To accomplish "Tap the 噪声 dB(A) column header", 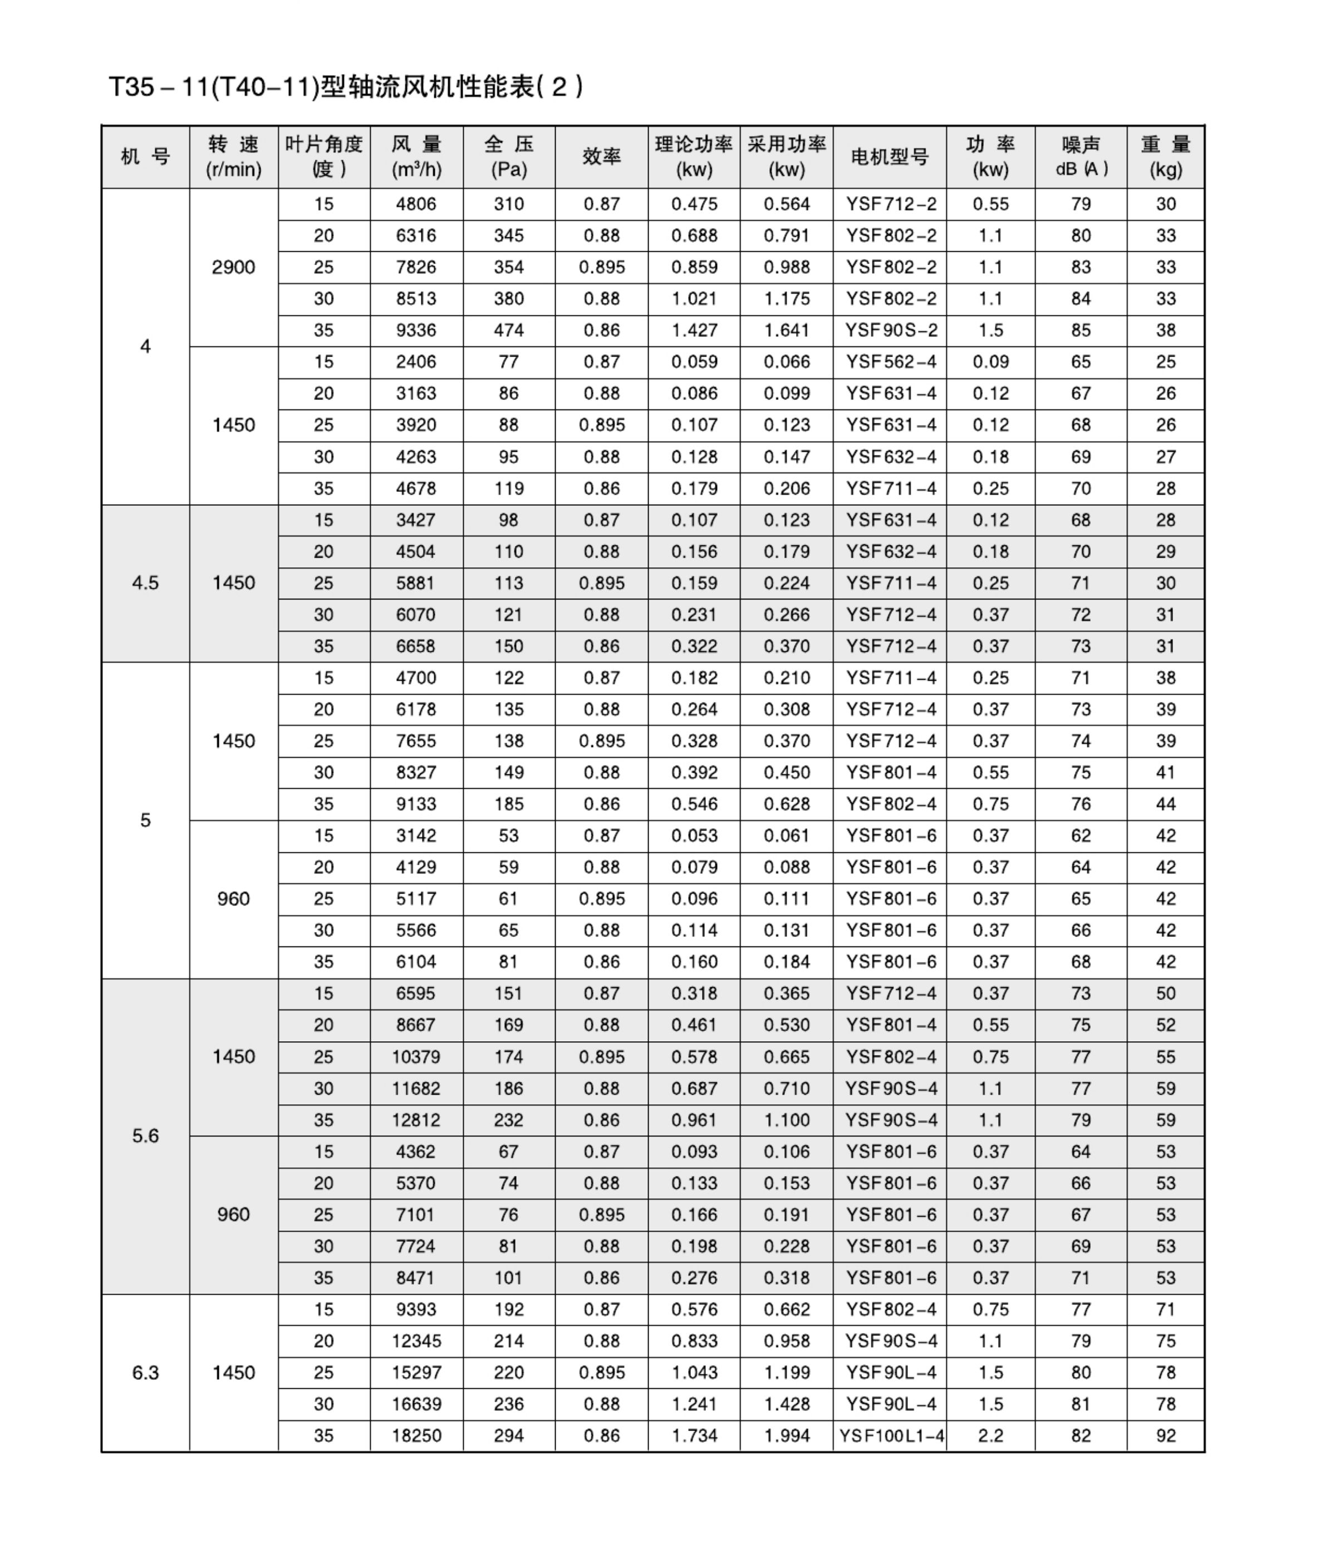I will (x=1081, y=157).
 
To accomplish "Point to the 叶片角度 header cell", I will (x=324, y=157).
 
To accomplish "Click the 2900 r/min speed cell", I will (x=234, y=267).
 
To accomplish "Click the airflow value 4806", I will (x=416, y=204).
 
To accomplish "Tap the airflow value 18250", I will (x=416, y=1436).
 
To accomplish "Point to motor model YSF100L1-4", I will (x=891, y=1436).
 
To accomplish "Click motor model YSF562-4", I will (x=891, y=362).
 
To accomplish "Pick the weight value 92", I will (x=1165, y=1436).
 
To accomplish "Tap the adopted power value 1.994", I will (x=787, y=1436).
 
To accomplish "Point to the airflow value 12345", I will (x=416, y=1341).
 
